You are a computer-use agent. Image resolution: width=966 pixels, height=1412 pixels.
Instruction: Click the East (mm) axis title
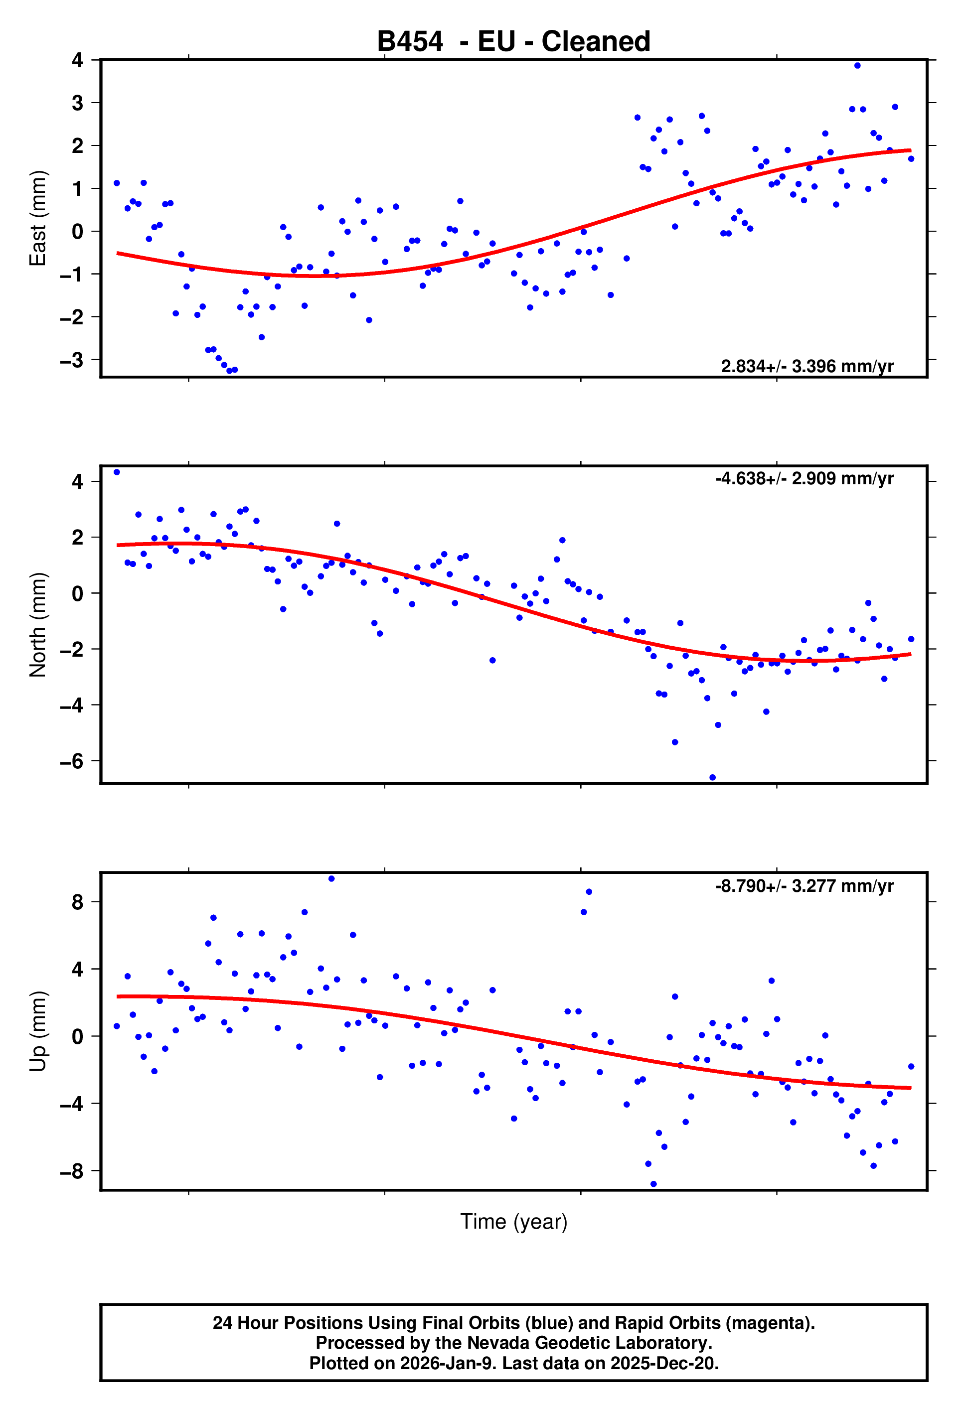coord(38,218)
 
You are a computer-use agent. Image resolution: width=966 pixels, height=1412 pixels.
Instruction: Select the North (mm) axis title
coord(38,625)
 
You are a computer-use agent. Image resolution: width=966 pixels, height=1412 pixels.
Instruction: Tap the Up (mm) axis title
coord(38,1031)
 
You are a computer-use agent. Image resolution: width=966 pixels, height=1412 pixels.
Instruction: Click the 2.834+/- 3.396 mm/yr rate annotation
coord(806,366)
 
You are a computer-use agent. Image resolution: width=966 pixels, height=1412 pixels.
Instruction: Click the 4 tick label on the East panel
coord(77,60)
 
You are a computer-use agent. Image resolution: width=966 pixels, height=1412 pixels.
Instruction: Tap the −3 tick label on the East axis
coord(71,360)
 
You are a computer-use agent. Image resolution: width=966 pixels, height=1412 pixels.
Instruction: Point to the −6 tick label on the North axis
coord(71,761)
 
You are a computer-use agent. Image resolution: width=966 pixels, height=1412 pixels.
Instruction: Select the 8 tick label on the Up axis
coord(77,902)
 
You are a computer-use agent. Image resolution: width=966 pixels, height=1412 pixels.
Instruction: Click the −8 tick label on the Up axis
coord(71,1171)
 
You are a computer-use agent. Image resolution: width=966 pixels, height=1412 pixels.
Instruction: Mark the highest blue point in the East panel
coord(857,66)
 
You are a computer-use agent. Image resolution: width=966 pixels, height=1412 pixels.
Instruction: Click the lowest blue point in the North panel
coord(712,778)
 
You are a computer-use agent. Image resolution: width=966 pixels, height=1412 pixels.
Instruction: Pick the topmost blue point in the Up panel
coord(331,878)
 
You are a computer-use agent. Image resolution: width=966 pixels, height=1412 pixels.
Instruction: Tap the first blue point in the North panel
coord(117,472)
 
